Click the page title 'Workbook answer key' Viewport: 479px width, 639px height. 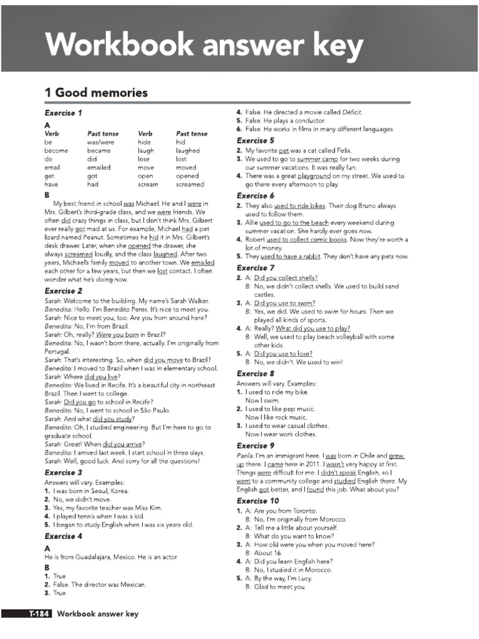point(204,45)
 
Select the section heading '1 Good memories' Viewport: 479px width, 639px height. point(96,93)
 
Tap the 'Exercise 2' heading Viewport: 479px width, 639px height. point(64,291)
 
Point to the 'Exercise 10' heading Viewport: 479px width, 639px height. point(258,500)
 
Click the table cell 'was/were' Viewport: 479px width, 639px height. point(101,142)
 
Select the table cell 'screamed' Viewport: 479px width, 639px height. point(190,184)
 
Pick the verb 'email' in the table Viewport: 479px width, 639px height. point(52,167)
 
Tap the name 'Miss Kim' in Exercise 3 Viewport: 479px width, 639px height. point(148,508)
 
